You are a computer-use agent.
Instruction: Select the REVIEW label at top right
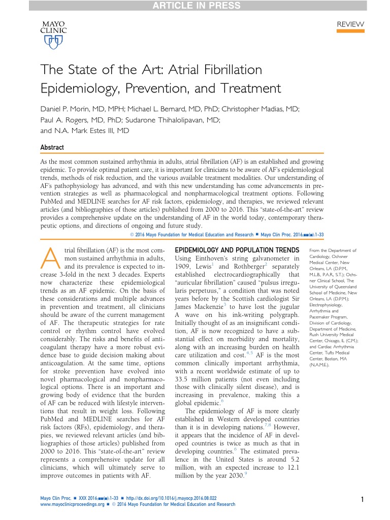[x=350, y=24]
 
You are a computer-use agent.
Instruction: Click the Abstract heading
[x=52, y=147]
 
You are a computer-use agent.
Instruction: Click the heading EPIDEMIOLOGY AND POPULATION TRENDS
[x=237, y=250]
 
